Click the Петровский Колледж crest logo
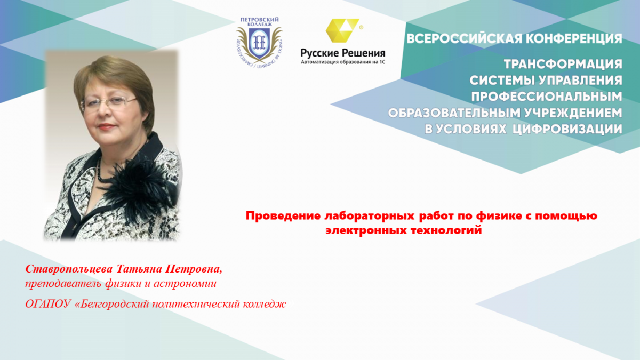(x=259, y=42)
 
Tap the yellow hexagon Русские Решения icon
(x=342, y=30)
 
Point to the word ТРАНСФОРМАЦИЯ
(x=563, y=64)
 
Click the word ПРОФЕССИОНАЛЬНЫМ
(x=547, y=97)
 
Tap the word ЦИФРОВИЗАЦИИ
(x=567, y=129)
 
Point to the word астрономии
(x=185, y=284)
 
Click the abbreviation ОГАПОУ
(x=48, y=304)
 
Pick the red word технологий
(x=446, y=230)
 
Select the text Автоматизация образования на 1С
(x=343, y=62)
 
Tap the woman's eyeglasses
(x=109, y=102)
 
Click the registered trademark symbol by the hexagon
(x=361, y=27)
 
